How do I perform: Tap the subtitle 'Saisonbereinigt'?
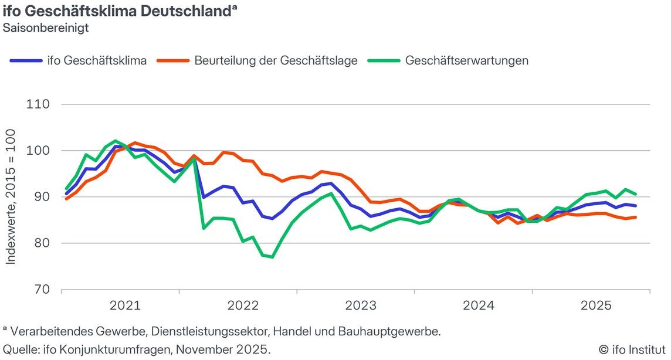point(46,28)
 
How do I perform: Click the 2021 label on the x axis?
point(125,305)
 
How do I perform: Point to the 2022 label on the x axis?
point(243,305)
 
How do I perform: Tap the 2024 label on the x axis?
point(479,305)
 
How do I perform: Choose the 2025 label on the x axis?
point(597,305)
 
